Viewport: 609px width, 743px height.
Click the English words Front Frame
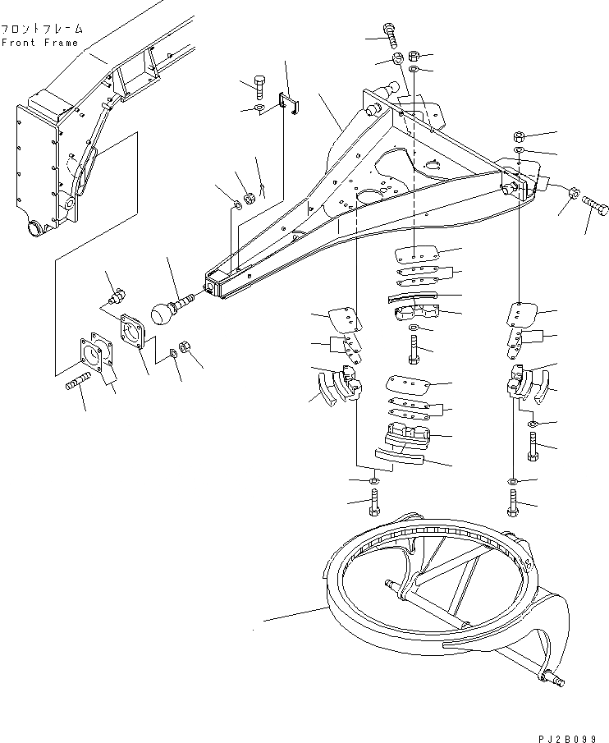click(x=39, y=43)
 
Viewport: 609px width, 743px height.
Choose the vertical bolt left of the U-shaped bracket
click(x=259, y=85)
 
